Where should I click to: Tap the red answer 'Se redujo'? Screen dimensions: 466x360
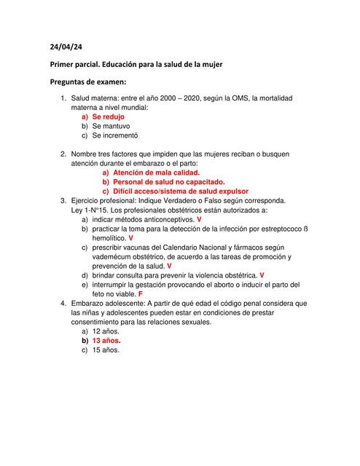(108, 116)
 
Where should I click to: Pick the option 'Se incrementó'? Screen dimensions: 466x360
(114, 135)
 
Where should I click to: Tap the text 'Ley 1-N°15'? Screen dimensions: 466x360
(90, 210)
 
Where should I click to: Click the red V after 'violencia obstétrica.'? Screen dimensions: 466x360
(262, 275)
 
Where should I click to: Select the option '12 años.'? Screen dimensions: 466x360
(106, 331)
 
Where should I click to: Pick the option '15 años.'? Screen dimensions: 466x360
(106, 349)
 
